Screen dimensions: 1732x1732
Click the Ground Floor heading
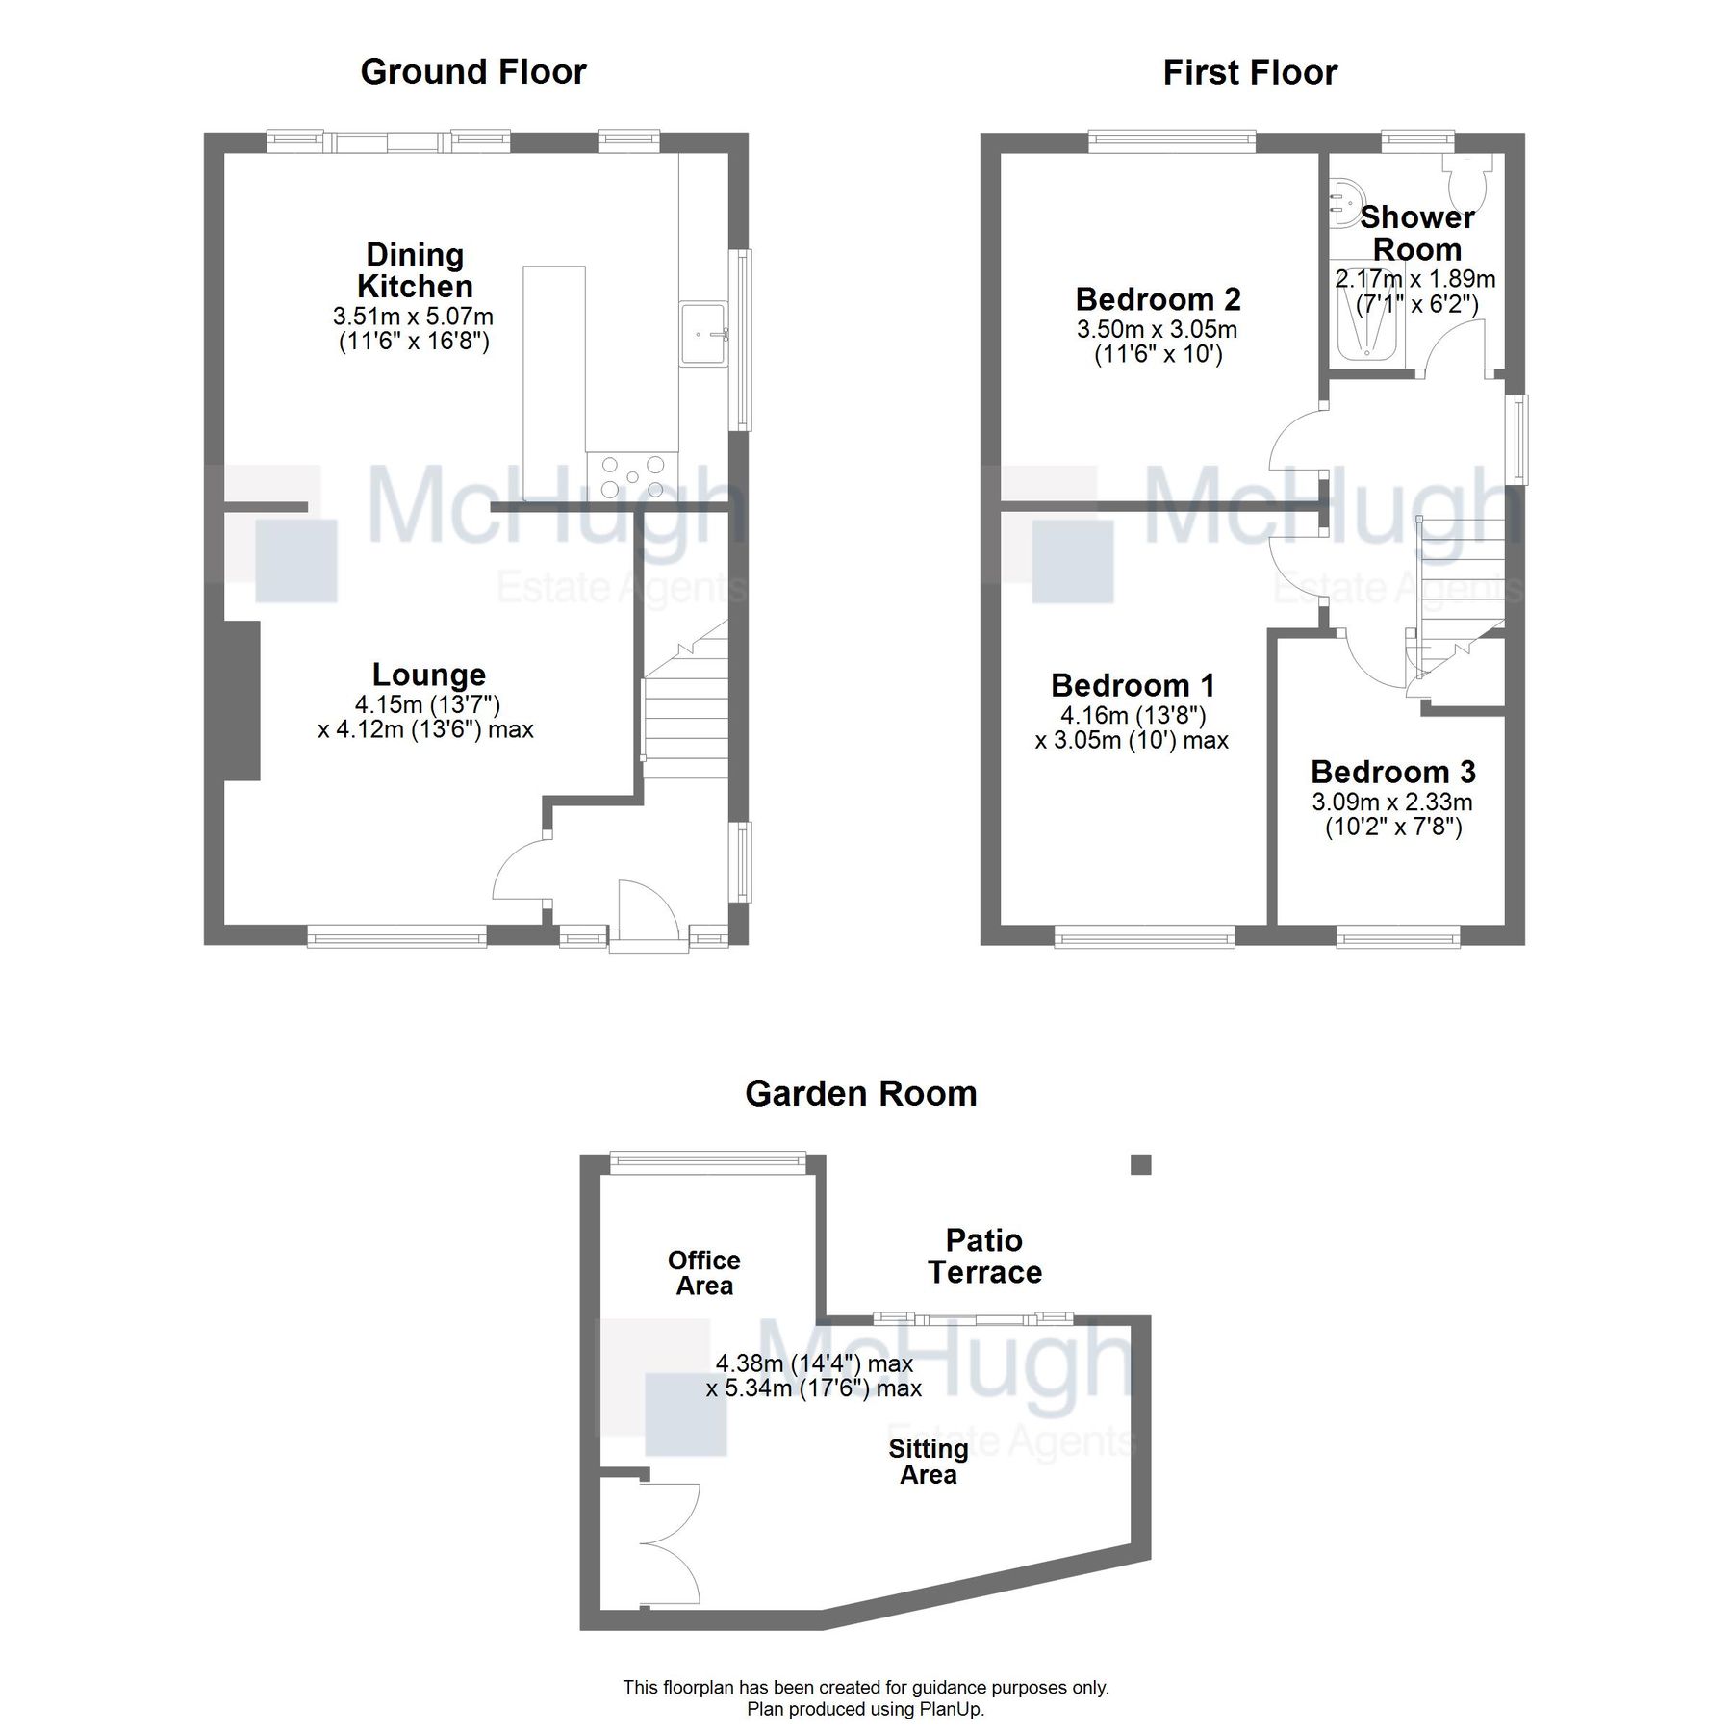pos(472,72)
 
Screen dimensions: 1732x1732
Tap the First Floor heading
pos(1249,73)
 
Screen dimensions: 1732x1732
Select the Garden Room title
pos(860,1094)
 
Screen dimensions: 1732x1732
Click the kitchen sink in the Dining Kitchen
pos(704,334)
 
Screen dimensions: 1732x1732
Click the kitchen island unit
pos(553,366)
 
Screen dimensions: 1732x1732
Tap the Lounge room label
pos(429,675)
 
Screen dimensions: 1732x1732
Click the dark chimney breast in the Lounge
pos(242,700)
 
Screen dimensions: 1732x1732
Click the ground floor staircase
pos(686,712)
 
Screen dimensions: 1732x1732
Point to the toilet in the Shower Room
pos(1469,181)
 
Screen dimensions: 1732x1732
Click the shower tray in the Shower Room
pos(1366,325)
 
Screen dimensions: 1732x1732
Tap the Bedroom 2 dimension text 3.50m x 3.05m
pos(1157,329)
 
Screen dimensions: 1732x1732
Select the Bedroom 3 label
pos(1392,772)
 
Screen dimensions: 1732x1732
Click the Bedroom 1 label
pos(1133,685)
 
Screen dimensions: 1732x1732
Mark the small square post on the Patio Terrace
pos(1140,1164)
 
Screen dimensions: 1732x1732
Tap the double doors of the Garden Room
pos(669,1543)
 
